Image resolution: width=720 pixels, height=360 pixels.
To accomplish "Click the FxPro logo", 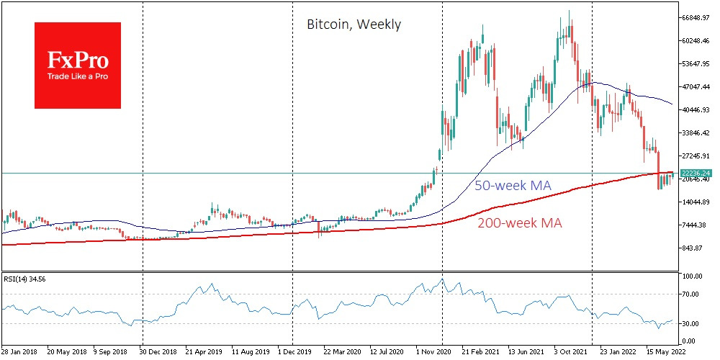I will pos(78,66).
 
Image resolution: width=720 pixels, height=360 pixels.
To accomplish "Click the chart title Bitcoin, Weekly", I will pos(354,24).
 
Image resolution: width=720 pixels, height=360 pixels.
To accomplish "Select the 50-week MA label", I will pos(513,186).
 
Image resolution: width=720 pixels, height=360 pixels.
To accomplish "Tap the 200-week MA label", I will pos(519,223).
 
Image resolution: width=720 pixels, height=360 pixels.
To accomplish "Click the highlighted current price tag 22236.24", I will pos(696,173).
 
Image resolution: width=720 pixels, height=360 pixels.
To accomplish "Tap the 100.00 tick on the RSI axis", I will pos(693,276).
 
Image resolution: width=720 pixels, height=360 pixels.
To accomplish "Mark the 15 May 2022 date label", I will pos(665,353).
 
